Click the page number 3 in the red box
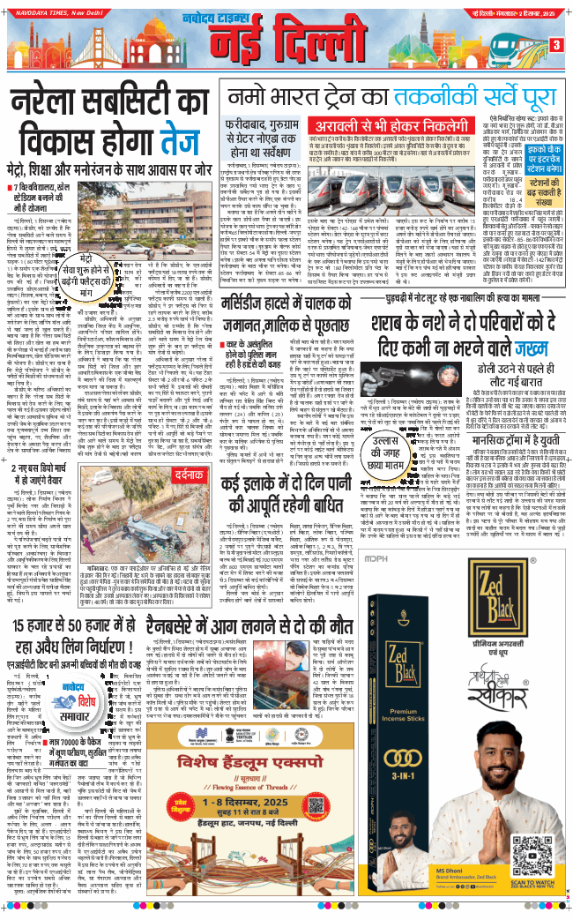pyautogui.click(x=556, y=45)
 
